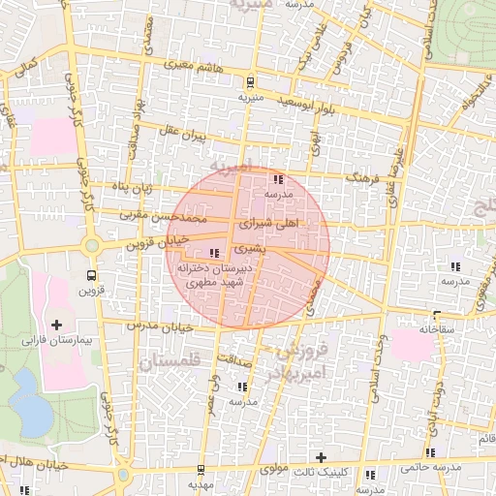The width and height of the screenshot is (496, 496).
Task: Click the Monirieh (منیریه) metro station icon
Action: point(251,82)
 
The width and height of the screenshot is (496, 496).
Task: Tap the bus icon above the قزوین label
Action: point(92,274)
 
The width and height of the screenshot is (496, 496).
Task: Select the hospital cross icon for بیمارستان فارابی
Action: point(55,324)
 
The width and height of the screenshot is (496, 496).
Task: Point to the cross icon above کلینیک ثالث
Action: point(321,456)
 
